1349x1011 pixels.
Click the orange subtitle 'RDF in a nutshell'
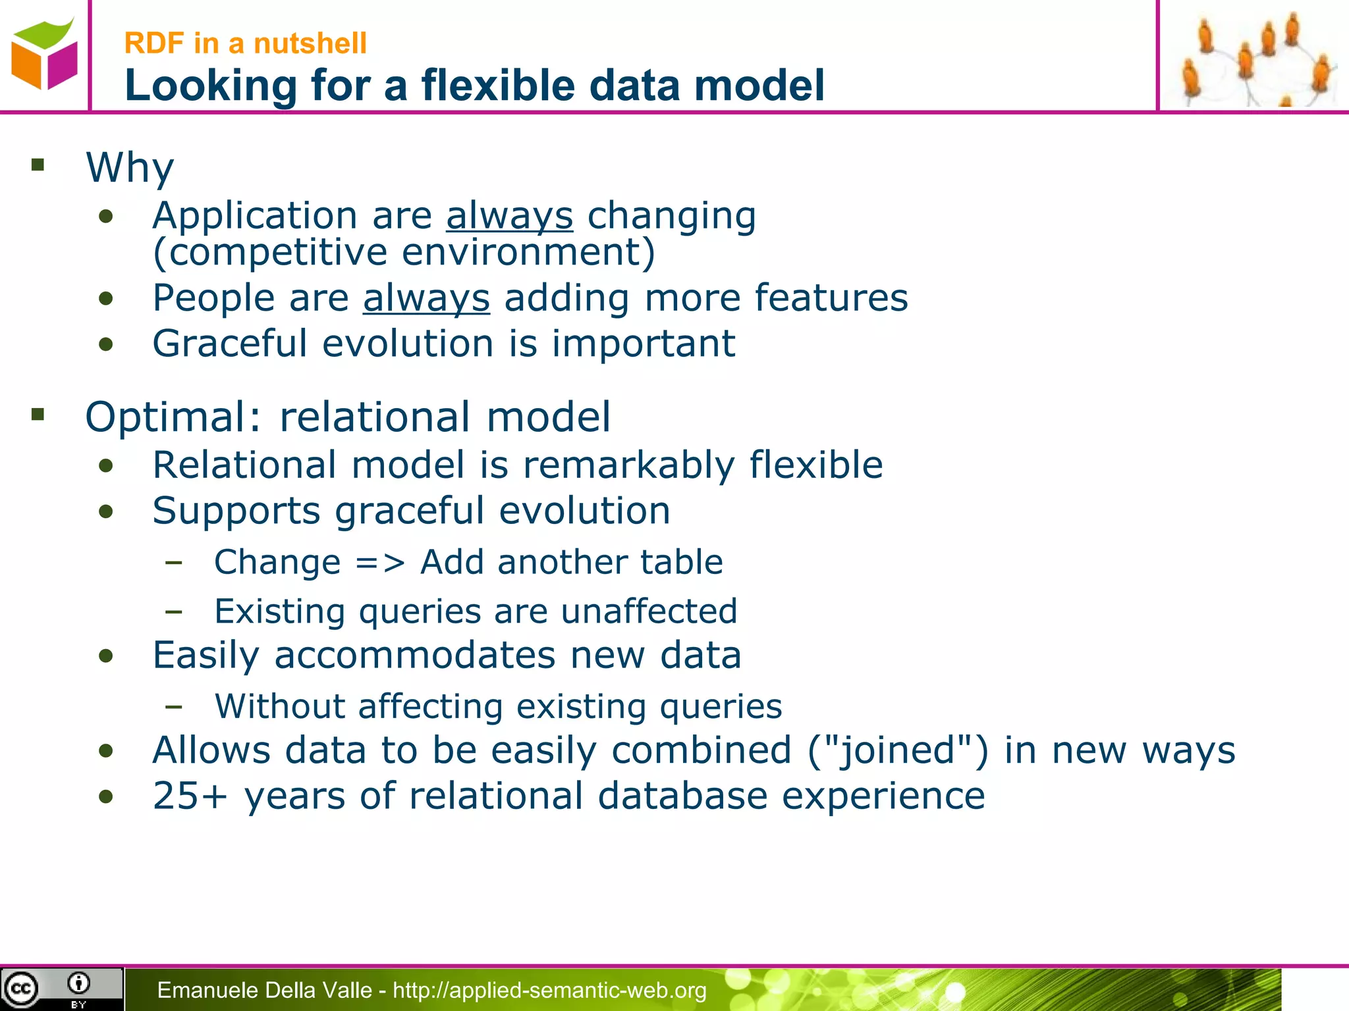coord(245,43)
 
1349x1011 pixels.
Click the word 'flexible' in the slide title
coord(498,86)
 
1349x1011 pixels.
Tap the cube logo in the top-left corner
coord(43,55)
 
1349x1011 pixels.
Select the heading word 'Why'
coord(130,167)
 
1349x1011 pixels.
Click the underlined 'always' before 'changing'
coord(509,216)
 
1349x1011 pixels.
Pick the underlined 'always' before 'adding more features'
coord(426,298)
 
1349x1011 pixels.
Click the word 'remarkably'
coord(628,465)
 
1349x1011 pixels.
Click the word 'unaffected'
coord(649,611)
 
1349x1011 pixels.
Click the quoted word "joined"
coord(898,750)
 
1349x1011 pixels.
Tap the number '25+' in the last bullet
coord(190,796)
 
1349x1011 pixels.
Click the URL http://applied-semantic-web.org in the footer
coord(549,990)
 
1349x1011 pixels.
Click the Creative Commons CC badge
coord(21,989)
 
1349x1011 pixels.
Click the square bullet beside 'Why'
coord(38,165)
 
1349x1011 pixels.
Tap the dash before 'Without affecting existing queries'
coord(174,707)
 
